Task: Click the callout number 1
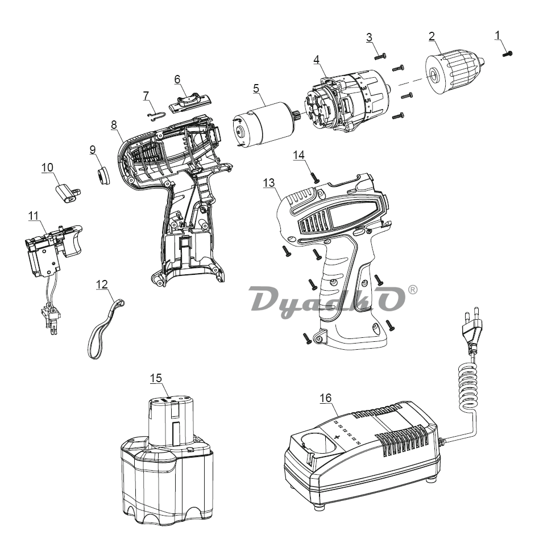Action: (x=497, y=35)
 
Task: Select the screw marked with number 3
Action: (x=380, y=56)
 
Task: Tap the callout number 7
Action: (x=146, y=95)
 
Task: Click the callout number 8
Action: (x=114, y=124)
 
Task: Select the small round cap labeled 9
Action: (x=103, y=175)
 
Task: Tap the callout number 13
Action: (x=268, y=183)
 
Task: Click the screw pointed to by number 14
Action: (x=315, y=178)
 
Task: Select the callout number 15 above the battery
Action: (x=156, y=378)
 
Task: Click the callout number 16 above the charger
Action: (x=326, y=398)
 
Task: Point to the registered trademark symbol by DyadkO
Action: (x=412, y=290)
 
